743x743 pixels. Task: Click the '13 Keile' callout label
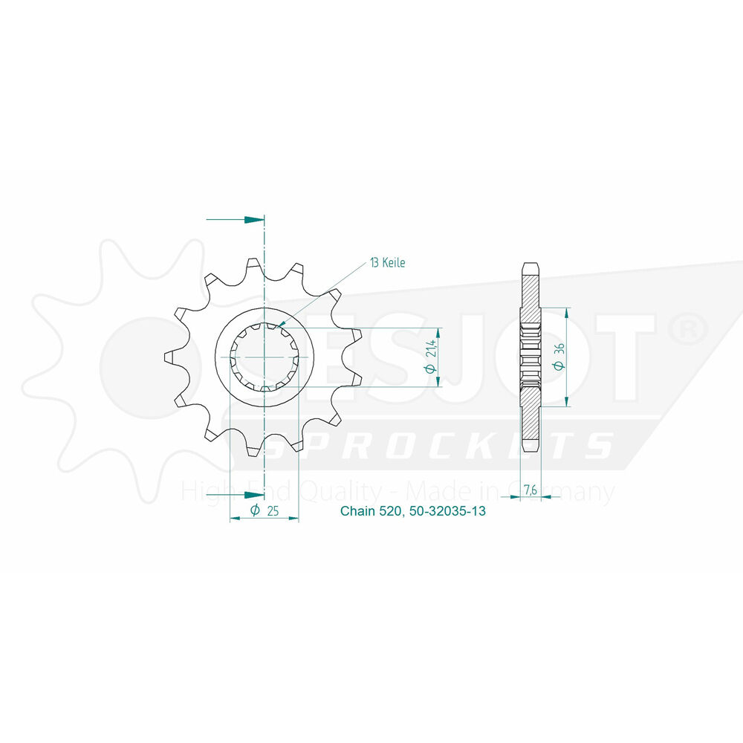point(388,262)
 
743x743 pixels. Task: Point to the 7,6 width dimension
point(531,489)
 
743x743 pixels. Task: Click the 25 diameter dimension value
point(273,511)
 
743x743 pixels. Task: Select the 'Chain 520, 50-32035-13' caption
point(412,511)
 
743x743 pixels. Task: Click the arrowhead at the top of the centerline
point(254,220)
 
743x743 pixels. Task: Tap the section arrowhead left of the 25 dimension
point(254,495)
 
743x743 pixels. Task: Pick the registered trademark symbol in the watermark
point(690,328)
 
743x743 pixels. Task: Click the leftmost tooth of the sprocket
point(169,357)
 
